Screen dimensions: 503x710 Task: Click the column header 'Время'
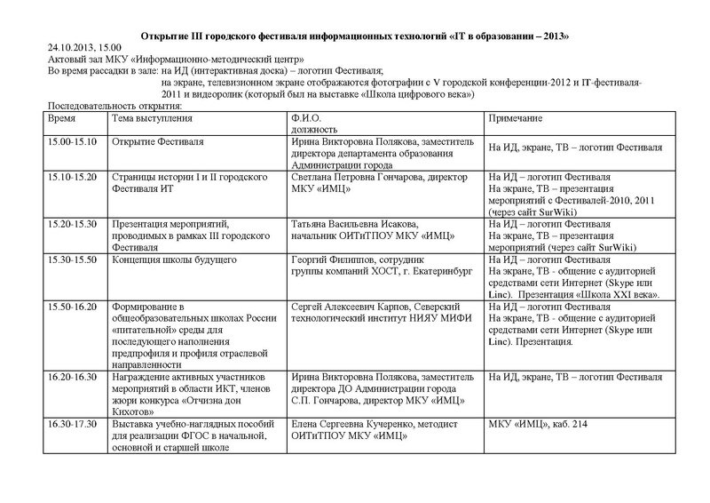point(61,117)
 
